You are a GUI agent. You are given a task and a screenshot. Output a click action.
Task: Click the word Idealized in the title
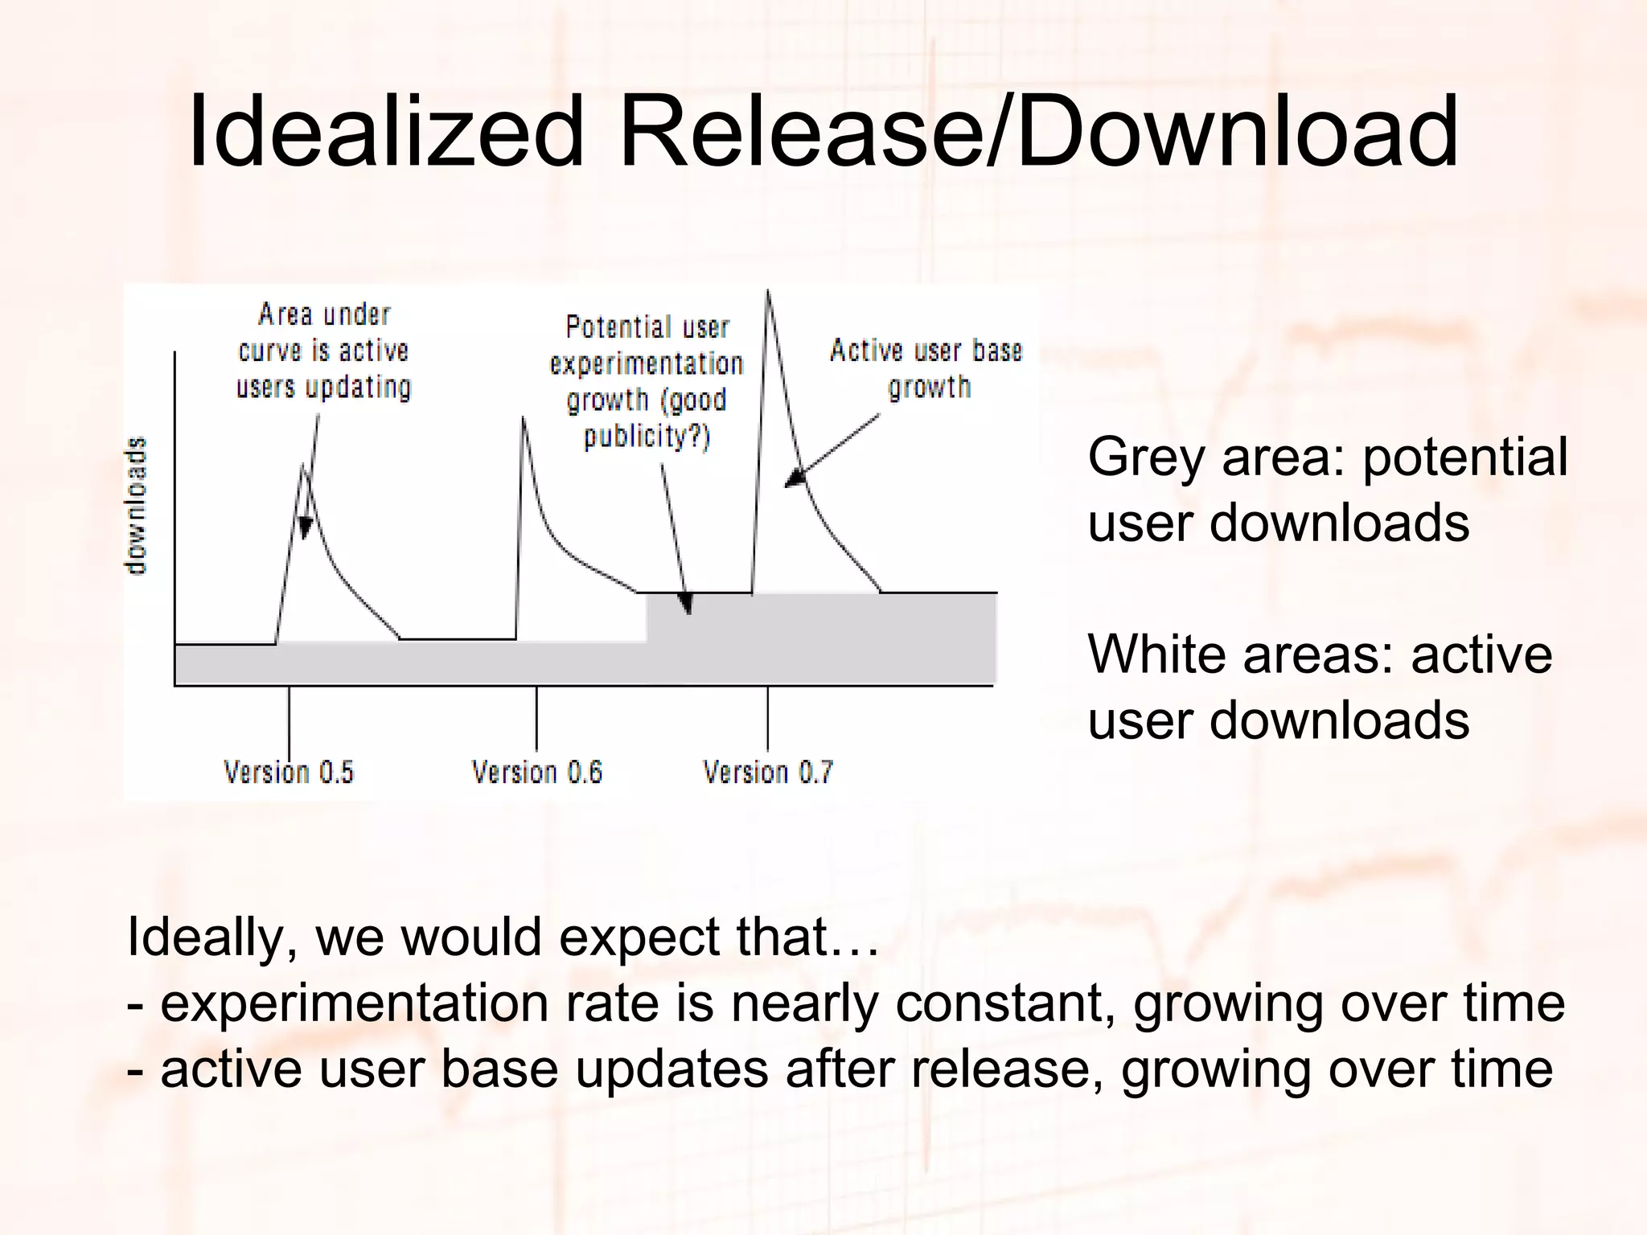click(384, 133)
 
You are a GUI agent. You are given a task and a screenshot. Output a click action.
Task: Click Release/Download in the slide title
click(1037, 133)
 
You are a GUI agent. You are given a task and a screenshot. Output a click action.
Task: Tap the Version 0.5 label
click(289, 773)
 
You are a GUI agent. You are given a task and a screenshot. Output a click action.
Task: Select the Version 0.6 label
click(536, 773)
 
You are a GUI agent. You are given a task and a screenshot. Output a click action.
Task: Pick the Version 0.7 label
click(768, 773)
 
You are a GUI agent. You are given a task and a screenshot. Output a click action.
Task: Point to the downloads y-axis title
click(138, 505)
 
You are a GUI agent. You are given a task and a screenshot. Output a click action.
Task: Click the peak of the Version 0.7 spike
click(768, 293)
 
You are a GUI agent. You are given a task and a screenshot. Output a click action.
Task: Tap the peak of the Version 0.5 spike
click(303, 466)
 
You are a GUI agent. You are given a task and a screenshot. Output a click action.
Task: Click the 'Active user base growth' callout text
click(926, 368)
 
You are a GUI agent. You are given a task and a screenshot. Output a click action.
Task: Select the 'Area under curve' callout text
click(324, 351)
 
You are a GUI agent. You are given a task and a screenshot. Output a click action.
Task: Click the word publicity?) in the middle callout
click(647, 437)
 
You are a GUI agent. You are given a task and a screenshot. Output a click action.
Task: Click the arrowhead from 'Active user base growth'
click(794, 478)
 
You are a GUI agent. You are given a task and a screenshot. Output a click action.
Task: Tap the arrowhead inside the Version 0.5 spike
click(305, 528)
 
